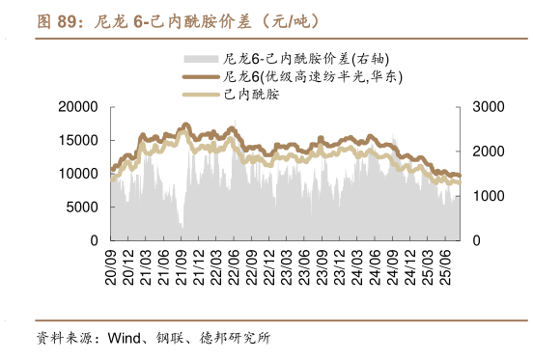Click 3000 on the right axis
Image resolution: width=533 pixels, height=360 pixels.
[x=486, y=106]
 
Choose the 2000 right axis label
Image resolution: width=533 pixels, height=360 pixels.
[x=486, y=152]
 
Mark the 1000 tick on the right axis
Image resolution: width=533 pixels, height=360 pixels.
[x=486, y=196]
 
